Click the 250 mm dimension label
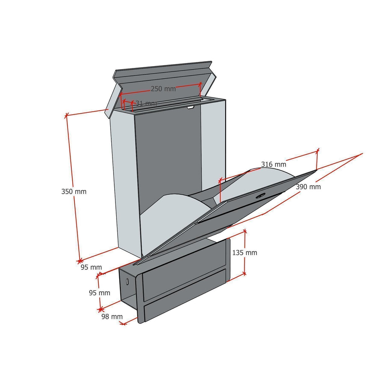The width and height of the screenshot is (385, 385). tap(163, 89)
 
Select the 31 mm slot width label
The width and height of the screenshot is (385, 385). tap(146, 103)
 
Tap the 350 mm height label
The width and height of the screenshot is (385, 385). tap(74, 191)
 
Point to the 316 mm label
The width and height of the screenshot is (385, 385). tap(274, 164)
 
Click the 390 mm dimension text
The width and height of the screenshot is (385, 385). tap(308, 187)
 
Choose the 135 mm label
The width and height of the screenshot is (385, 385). tap(244, 253)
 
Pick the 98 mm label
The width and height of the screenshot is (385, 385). tap(112, 317)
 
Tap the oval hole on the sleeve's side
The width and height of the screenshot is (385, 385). tap(127, 282)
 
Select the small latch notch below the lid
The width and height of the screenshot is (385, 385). tap(190, 107)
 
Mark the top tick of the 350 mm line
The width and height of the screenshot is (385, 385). tap(66, 115)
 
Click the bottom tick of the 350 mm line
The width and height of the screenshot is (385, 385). tap(79, 261)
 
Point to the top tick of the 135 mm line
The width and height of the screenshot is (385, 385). tap(244, 231)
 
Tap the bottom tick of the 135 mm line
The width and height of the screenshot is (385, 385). tap(244, 273)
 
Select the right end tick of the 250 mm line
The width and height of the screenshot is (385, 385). tap(200, 84)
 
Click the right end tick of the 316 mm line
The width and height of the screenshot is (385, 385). tap(318, 150)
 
